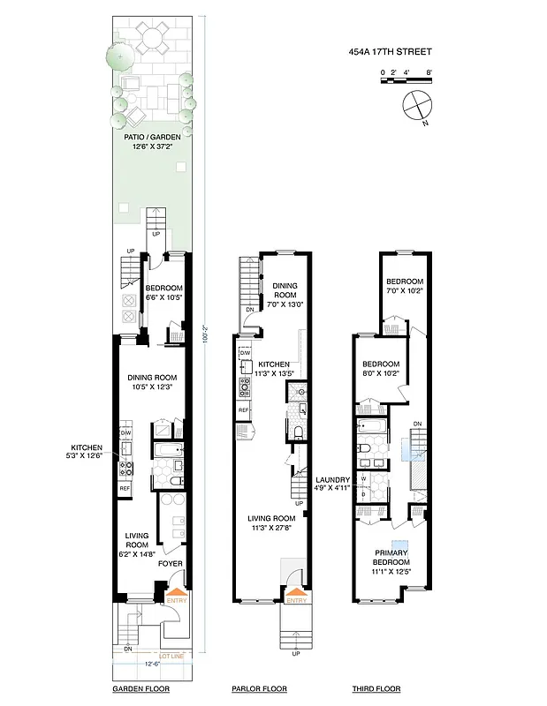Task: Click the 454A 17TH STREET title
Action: click(391, 52)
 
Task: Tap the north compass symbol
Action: click(414, 106)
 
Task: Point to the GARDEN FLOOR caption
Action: click(141, 688)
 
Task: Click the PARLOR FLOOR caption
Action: click(259, 688)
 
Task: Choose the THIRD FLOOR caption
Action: click(376, 688)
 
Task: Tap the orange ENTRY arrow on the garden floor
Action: click(177, 592)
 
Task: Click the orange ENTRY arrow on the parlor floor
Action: click(295, 594)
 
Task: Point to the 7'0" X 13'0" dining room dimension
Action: click(286, 304)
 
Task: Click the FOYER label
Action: click(170, 563)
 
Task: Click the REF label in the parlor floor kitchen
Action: click(243, 411)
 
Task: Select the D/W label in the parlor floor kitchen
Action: click(245, 352)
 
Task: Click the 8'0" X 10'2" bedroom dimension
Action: click(382, 373)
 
